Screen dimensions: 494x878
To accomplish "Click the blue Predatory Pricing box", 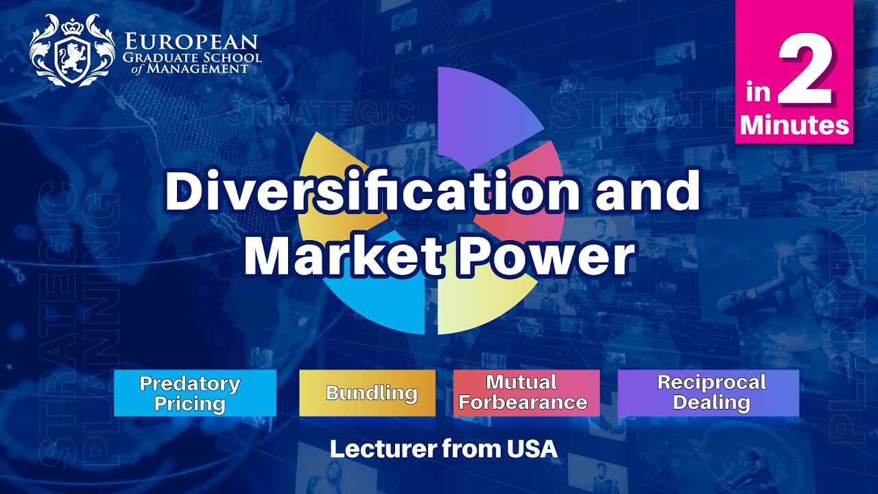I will tap(195, 393).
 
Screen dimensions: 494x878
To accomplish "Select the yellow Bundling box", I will tap(367, 393).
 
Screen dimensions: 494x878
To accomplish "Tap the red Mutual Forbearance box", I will tap(526, 393).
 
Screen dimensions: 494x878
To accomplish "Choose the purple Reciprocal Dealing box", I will tap(708, 393).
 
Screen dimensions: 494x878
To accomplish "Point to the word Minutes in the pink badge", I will tap(794, 125).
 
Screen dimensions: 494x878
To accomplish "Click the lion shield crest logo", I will tap(71, 51).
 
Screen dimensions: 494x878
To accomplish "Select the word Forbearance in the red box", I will tap(523, 403).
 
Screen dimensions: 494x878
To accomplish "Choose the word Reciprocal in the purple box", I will tap(711, 382).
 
